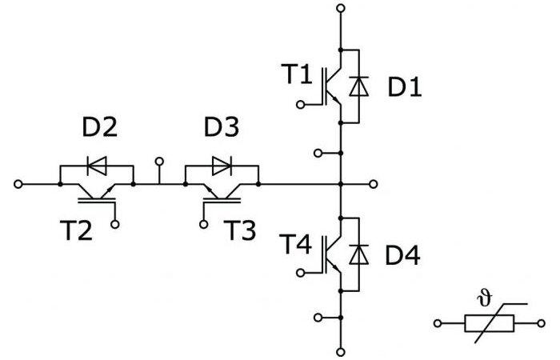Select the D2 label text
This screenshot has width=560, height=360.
(100, 126)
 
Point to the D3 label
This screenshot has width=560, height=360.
(222, 126)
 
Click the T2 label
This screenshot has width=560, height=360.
(77, 230)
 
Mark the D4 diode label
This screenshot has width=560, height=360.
(403, 255)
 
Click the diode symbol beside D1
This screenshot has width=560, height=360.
(359, 86)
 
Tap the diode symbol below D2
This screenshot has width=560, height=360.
(97, 166)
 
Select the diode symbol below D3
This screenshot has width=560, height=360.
(222, 166)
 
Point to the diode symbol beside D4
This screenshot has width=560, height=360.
(359, 254)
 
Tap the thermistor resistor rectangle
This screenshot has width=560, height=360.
(490, 323)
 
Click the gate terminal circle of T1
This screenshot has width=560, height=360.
(301, 105)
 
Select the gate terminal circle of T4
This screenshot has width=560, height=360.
(301, 273)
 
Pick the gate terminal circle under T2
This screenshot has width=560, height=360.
(115, 224)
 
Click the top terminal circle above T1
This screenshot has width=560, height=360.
(341, 8)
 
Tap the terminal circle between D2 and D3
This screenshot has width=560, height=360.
(159, 162)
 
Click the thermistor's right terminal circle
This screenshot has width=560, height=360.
(542, 323)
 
